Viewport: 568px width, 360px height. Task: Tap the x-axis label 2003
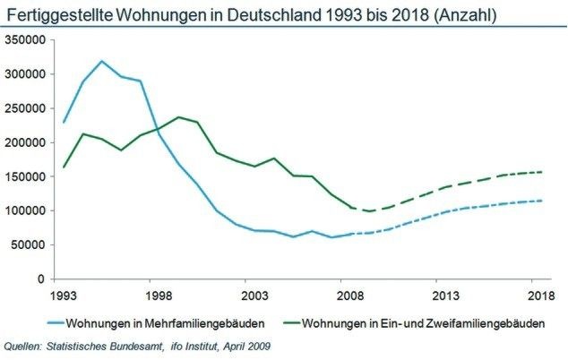tap(254, 294)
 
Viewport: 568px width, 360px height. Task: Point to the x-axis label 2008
tap(349, 294)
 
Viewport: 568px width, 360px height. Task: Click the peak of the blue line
tap(102, 61)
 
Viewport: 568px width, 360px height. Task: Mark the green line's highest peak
tap(178, 117)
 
